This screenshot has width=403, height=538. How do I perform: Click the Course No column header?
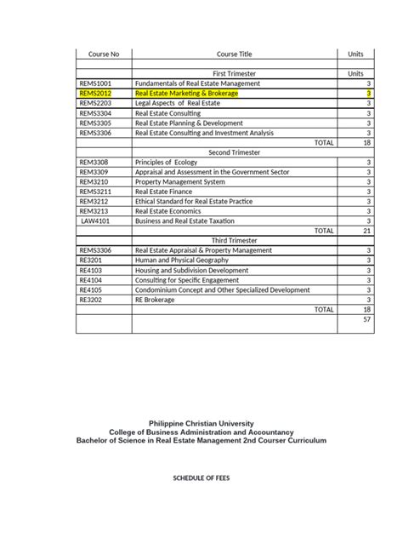104,54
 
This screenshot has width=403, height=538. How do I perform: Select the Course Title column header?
232,54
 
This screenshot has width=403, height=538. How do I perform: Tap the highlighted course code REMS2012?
95,94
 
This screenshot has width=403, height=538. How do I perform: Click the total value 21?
366,230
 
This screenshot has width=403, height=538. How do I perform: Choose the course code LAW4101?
96,220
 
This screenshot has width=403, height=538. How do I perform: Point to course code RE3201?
91,260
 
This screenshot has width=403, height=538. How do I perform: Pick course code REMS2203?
95,103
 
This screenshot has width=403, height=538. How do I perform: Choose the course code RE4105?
90,289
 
